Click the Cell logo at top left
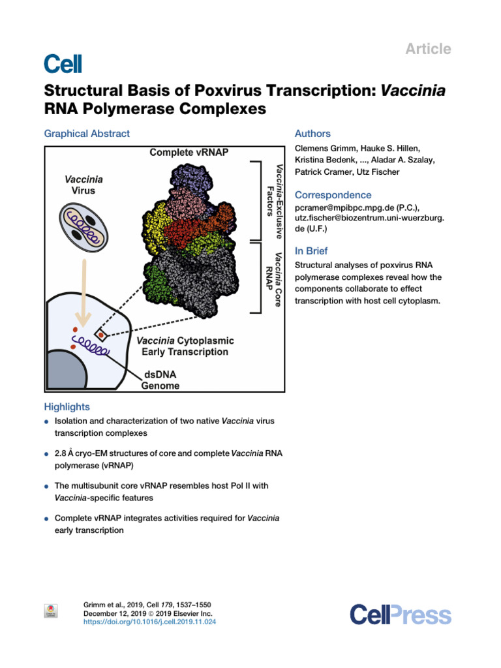[x=63, y=63]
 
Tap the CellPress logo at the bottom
[x=400, y=615]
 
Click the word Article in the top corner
[x=429, y=49]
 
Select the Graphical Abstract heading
[x=87, y=134]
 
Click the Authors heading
[x=313, y=134]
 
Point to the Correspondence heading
[x=333, y=195]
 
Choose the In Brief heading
[x=311, y=251]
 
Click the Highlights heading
[x=67, y=407]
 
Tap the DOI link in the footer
[x=150, y=622]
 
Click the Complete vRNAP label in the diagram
[x=189, y=153]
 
